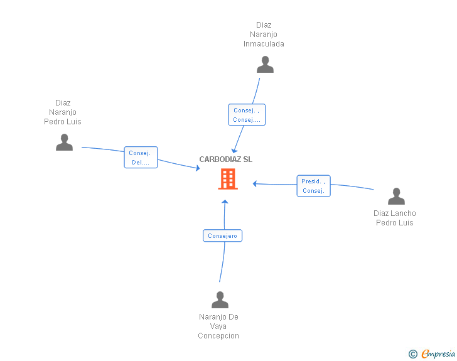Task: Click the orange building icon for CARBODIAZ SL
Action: point(227,179)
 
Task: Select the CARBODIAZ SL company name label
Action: point(226,159)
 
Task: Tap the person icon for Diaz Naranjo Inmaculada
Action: point(266,65)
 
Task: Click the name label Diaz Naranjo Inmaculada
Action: point(264,35)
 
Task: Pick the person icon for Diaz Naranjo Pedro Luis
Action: point(64,143)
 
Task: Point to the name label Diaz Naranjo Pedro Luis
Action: point(63,112)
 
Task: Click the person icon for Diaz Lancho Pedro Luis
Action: point(396,197)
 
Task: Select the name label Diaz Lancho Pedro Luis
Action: point(394,218)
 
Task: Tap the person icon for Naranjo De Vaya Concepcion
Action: point(220,300)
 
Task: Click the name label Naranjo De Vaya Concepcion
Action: point(218,326)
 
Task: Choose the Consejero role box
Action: point(223,236)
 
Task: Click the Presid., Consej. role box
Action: point(313,186)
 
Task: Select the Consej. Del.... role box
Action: point(141,158)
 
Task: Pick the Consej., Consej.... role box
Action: point(246,115)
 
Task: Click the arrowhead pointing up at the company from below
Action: point(225,202)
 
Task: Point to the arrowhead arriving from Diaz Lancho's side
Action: point(255,183)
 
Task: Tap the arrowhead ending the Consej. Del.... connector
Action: point(196,168)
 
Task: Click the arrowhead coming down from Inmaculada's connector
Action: point(234,146)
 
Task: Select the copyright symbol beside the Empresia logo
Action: point(413,354)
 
